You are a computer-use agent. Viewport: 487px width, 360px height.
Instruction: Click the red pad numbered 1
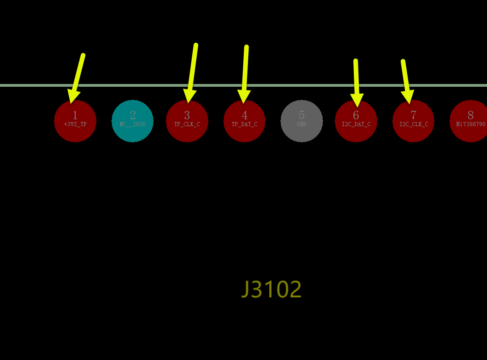click(75, 121)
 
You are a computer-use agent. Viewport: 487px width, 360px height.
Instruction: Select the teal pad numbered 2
click(133, 121)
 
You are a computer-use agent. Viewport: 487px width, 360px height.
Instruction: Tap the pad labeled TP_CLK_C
click(187, 121)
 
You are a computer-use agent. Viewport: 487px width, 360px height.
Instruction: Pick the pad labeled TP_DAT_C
click(245, 121)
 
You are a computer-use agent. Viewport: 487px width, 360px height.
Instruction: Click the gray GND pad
click(302, 121)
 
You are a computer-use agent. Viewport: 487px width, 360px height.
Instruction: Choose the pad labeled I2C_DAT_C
click(356, 121)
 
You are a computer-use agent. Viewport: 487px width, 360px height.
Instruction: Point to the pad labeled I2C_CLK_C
click(413, 121)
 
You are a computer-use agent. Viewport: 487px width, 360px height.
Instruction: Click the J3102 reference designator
click(272, 289)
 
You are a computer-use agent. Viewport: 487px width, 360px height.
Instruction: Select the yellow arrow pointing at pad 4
click(245, 75)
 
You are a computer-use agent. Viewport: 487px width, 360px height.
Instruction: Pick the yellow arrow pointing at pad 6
click(356, 83)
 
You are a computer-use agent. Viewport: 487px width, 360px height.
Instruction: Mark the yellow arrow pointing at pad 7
click(407, 82)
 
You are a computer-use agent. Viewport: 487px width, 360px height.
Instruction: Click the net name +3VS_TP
click(75, 124)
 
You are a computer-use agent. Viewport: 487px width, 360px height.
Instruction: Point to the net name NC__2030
click(133, 124)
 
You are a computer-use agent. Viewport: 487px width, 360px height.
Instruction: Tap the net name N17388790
click(471, 124)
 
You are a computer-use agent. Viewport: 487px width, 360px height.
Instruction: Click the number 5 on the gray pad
click(302, 115)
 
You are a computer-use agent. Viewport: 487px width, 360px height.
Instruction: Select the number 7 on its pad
click(413, 115)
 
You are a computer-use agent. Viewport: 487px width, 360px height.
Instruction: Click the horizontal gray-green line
click(243, 85)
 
